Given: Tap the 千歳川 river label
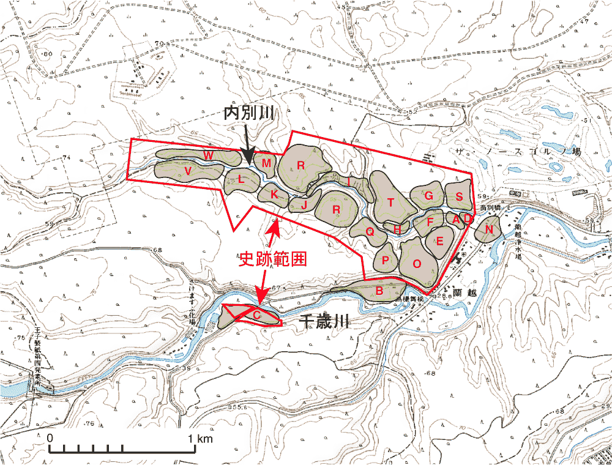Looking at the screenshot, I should point(323,323).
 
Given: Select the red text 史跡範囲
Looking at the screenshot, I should point(272,259).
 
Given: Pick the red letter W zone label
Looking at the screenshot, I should point(209,156).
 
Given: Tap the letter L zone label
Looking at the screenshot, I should point(241,180).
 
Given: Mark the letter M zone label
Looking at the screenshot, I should point(266,163).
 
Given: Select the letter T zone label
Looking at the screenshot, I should point(390,203).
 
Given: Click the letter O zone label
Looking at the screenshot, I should point(417,264).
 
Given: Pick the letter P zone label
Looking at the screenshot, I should point(386,260).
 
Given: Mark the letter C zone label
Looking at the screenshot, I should point(257,315).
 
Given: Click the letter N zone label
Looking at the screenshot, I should point(489,229).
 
